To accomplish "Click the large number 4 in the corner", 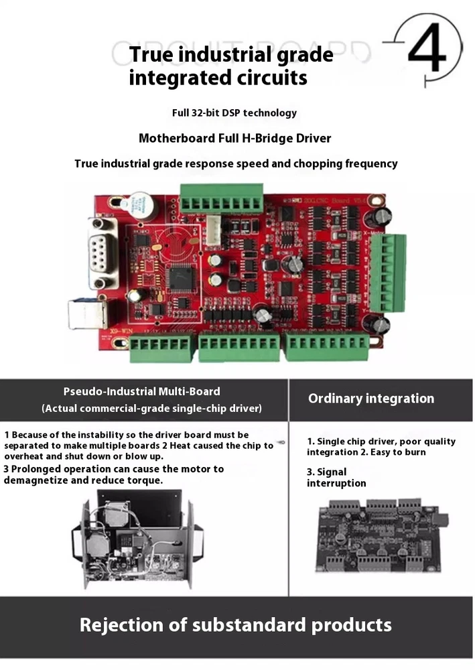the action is pyautogui.click(x=427, y=48).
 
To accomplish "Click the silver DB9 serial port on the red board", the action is pyautogui.click(x=102, y=253).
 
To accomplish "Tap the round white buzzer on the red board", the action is pyautogui.click(x=138, y=206).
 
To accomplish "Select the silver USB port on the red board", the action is pyautogui.click(x=86, y=314).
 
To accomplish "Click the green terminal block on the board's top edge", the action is pyautogui.click(x=221, y=198).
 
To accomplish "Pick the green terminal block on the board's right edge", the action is pyautogui.click(x=387, y=273).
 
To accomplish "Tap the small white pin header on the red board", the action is pyautogui.click(x=213, y=230).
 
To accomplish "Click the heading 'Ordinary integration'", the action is pyautogui.click(x=371, y=399).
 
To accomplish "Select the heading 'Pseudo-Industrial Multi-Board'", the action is pyautogui.click(x=142, y=391).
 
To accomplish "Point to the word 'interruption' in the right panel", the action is pyautogui.click(x=336, y=483).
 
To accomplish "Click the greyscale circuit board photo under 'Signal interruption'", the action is pyautogui.click(x=382, y=536).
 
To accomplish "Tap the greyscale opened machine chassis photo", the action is pyautogui.click(x=137, y=539).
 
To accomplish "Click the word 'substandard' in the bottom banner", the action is pyautogui.click(x=249, y=625).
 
